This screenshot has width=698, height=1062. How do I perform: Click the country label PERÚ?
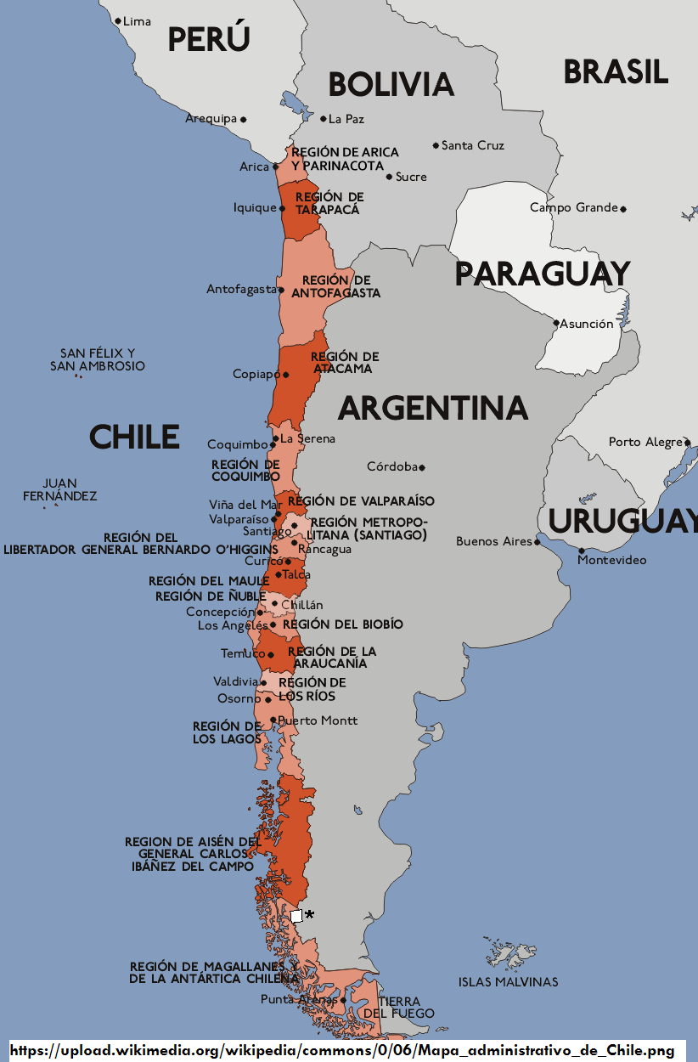209,39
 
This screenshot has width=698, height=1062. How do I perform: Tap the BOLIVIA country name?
391,84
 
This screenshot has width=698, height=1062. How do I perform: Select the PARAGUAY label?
542,274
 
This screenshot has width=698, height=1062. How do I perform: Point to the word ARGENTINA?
433,409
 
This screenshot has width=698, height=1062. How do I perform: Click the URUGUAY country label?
622,521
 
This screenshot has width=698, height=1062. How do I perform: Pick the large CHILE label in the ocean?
134,437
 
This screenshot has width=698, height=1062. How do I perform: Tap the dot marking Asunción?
556,323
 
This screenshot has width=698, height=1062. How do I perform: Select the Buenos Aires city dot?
537,541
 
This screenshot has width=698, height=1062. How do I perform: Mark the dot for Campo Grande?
622,208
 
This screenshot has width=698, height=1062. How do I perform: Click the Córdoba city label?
392,466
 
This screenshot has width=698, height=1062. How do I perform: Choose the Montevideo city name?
612,560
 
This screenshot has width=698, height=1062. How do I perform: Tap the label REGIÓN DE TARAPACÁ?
329,203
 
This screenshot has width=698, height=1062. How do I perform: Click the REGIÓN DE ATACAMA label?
344,363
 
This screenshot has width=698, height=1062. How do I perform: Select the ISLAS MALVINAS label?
508,982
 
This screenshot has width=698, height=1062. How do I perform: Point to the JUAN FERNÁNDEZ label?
59,489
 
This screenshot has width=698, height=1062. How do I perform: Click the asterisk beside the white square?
309,915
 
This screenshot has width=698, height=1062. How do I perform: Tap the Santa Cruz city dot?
436,145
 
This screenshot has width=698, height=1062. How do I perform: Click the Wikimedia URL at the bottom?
342,1051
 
